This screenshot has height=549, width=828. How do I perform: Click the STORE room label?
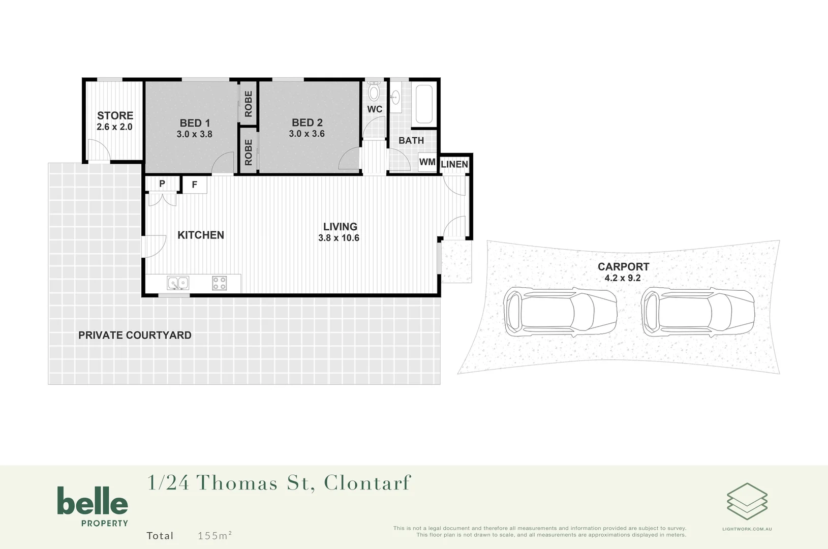(x=115, y=116)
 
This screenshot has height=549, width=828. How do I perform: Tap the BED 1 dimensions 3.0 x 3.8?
(x=194, y=134)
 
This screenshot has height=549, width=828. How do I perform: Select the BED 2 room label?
(x=307, y=123)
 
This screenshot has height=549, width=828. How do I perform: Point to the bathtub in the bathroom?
(x=423, y=104)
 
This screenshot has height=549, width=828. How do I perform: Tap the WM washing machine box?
(x=427, y=162)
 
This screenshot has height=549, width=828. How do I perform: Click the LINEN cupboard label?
(x=454, y=164)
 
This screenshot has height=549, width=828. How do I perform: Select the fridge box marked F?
(x=194, y=185)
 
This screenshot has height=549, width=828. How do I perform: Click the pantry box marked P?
(x=162, y=184)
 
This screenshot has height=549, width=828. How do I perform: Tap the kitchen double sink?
(x=178, y=283)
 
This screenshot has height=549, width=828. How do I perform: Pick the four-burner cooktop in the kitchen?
(x=219, y=283)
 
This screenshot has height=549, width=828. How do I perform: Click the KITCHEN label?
(x=201, y=235)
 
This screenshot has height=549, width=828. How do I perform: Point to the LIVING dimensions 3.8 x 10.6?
(x=339, y=238)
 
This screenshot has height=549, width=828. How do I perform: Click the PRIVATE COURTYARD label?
(x=135, y=335)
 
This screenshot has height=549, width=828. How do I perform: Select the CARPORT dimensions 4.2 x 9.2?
(x=622, y=278)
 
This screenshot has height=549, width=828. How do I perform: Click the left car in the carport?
(x=560, y=311)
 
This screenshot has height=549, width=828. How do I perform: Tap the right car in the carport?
(x=698, y=311)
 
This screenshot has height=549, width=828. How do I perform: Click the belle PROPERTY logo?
(x=93, y=506)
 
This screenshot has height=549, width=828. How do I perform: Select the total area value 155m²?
(x=214, y=535)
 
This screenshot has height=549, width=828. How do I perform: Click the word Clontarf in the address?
(x=367, y=483)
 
